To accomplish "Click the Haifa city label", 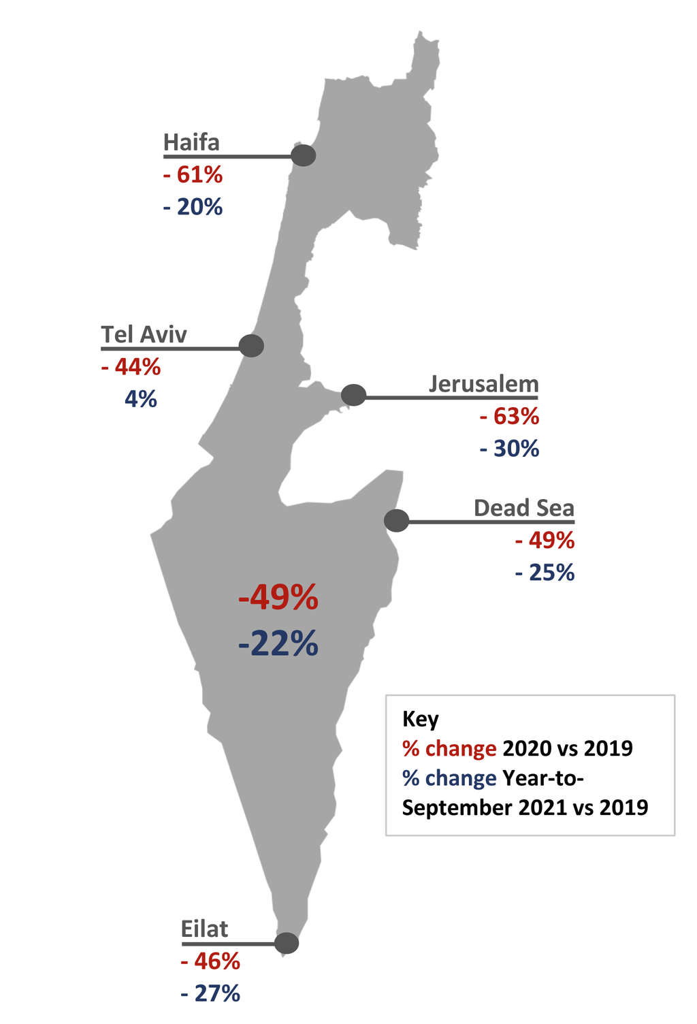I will [x=191, y=143].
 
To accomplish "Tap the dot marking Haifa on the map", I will [x=304, y=155].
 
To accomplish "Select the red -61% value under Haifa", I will [x=193, y=175].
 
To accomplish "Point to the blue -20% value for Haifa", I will [x=193, y=207].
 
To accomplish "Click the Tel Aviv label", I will [x=144, y=335].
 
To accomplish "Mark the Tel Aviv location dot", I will [x=251, y=346].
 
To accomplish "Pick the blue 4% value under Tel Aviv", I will [x=140, y=399].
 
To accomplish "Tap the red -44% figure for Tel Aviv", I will [x=131, y=368].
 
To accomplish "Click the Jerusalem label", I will [x=483, y=384].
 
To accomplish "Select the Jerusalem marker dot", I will [x=353, y=395].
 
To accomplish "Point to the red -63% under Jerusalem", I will [x=509, y=416].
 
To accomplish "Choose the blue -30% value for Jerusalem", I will [x=509, y=449].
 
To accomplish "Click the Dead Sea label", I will [x=523, y=508].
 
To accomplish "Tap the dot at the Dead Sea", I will [x=396, y=521].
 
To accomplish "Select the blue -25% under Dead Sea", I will [x=545, y=573].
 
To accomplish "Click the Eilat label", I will [x=204, y=929].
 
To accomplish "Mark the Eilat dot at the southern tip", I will [x=287, y=943].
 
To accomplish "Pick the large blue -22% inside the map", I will [x=278, y=643].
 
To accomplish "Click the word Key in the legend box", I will [x=420, y=719].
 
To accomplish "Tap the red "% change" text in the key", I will [x=449, y=748].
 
